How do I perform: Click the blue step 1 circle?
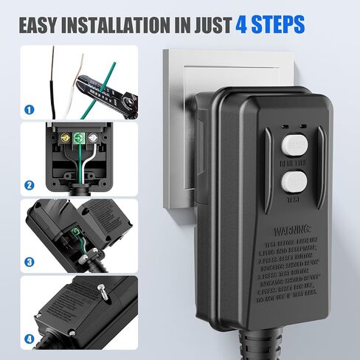29,110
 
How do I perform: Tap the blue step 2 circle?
29,185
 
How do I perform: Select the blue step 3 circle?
29,261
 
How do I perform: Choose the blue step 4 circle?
29,339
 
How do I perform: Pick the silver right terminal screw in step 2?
92,137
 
